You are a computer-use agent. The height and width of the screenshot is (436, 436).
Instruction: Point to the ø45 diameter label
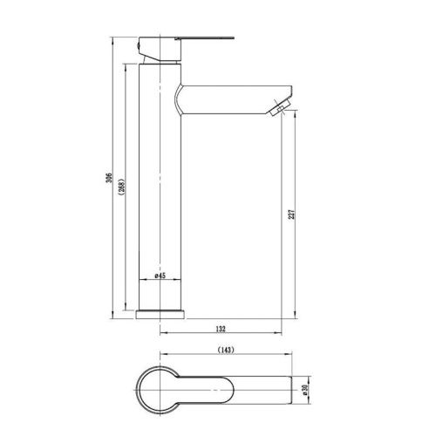pos(160,276)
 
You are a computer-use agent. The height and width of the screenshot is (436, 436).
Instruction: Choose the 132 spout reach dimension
pos(221,329)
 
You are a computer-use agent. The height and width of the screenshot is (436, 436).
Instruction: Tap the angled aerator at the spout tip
pos(278,109)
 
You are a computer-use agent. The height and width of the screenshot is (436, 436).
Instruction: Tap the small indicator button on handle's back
pos(139,44)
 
